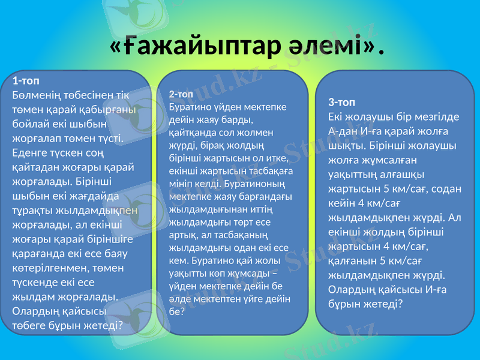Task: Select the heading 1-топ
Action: point(26,80)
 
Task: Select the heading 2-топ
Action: point(181,95)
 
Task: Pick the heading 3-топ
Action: point(342,102)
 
